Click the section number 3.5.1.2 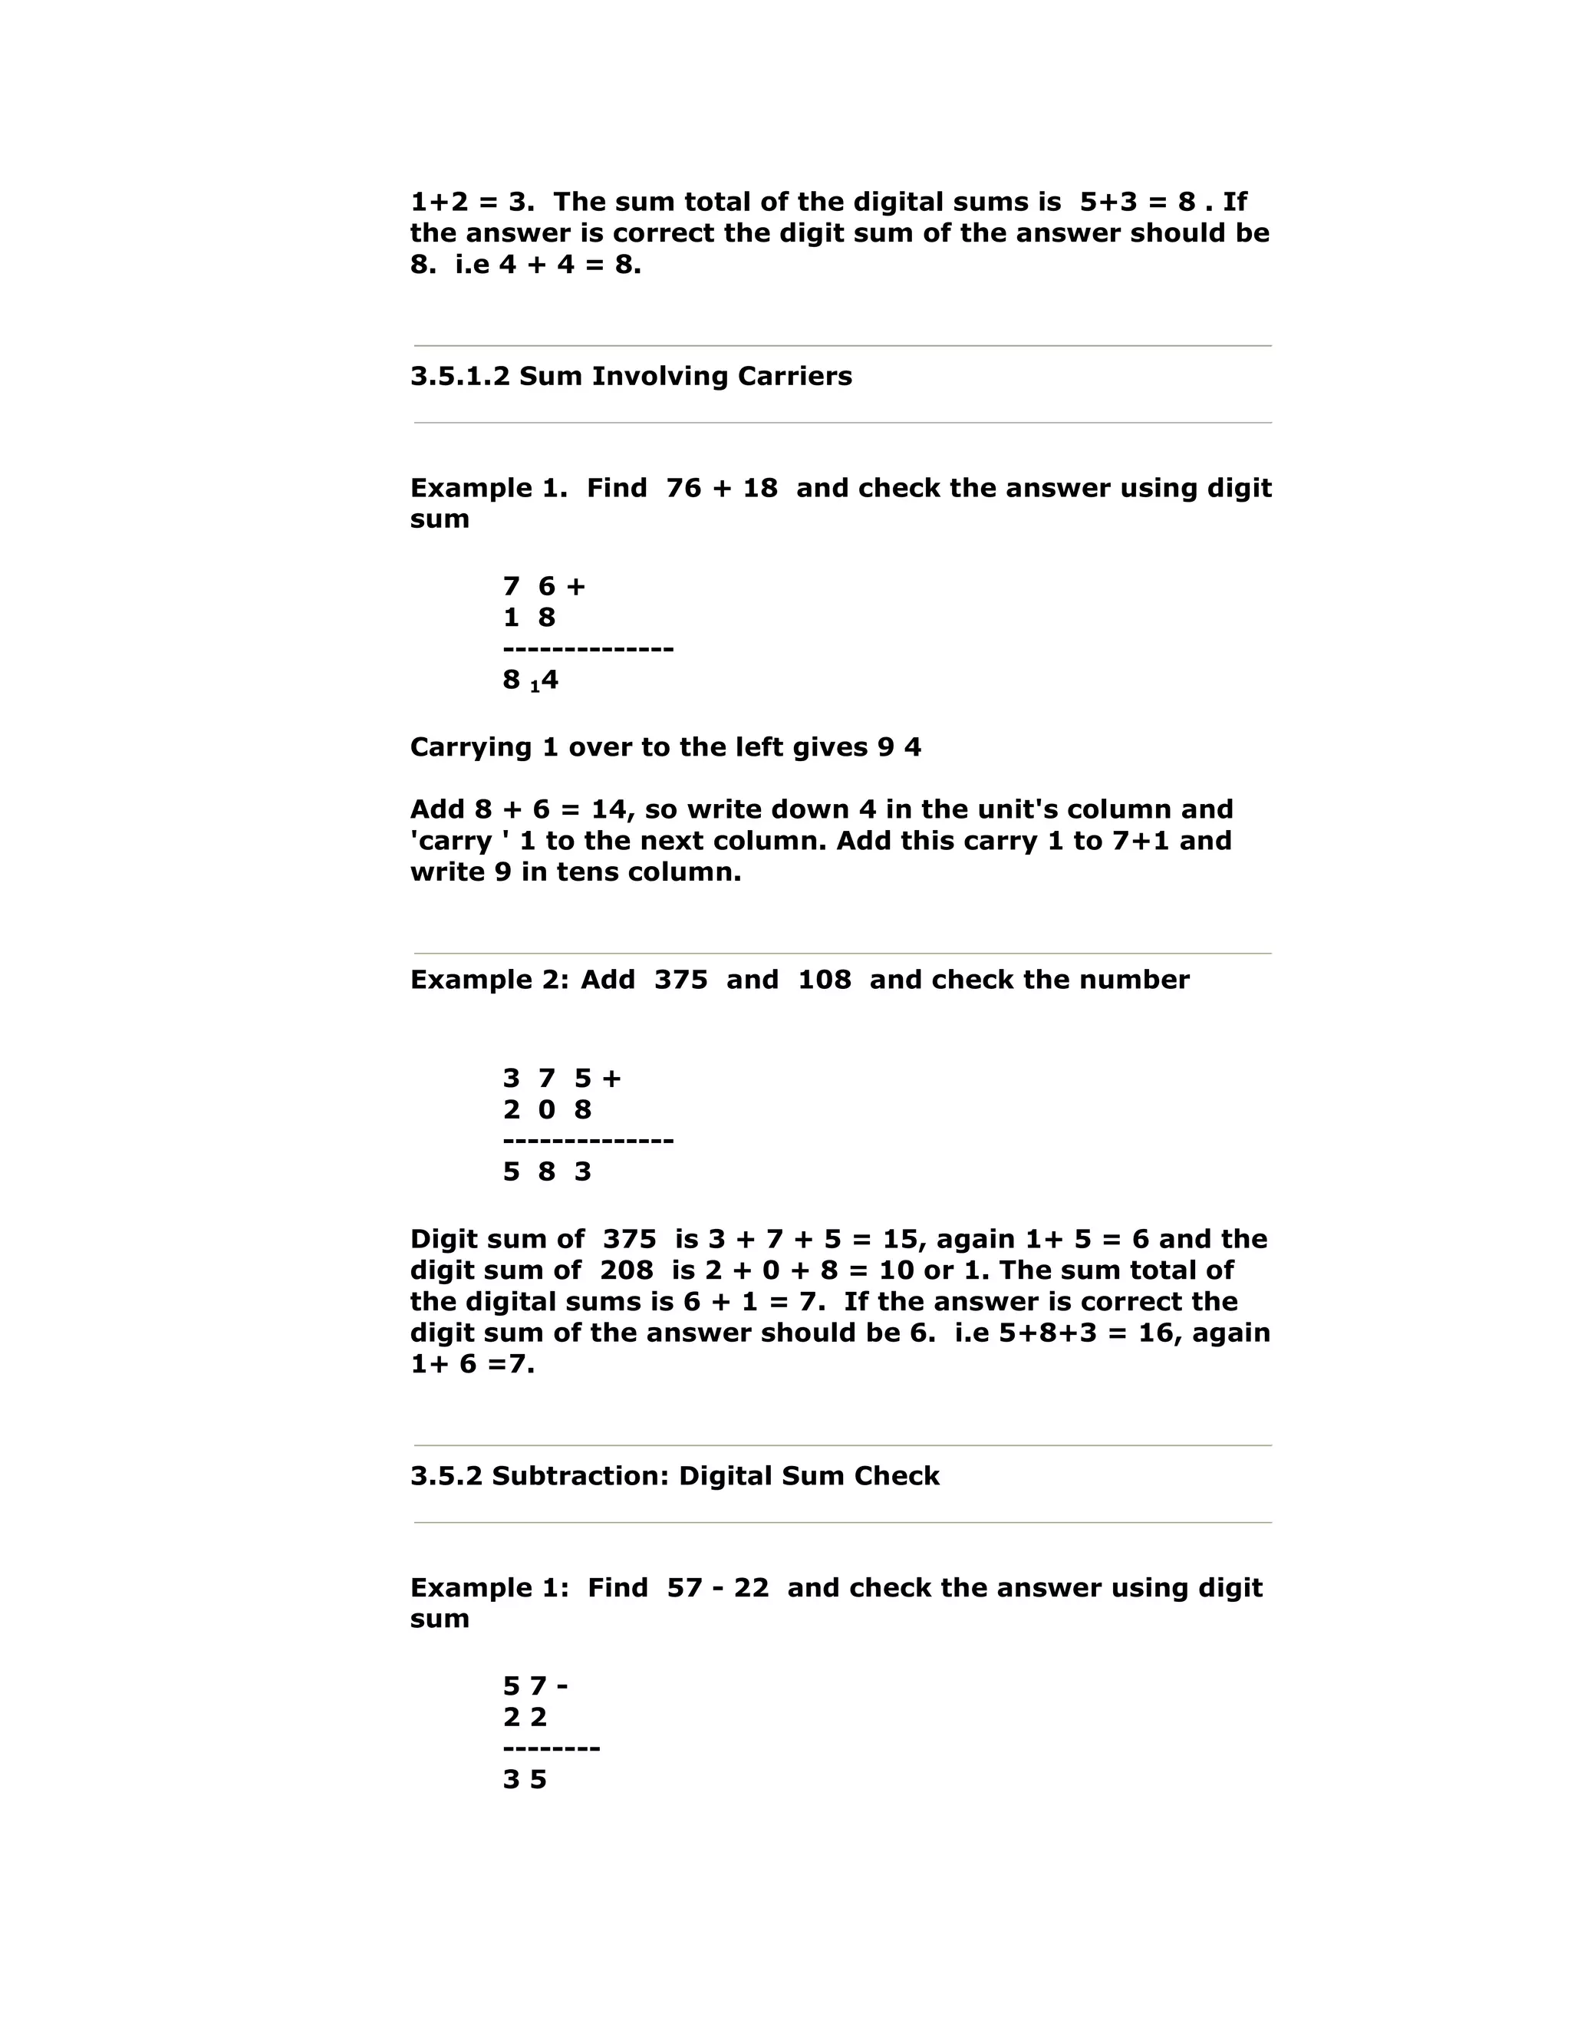coord(459,376)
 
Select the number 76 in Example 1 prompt coord(683,488)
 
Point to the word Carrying coord(471,747)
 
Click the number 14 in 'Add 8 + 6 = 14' coord(611,809)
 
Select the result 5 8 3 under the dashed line coord(547,1171)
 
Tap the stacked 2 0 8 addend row coord(547,1109)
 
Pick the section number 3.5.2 coord(446,1475)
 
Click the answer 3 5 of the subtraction coord(525,1779)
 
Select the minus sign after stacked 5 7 coord(562,1685)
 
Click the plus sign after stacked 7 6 coord(575,586)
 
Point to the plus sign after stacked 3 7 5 coord(611,1078)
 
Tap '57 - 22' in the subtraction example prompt coord(717,1587)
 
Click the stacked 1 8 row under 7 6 coord(529,617)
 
